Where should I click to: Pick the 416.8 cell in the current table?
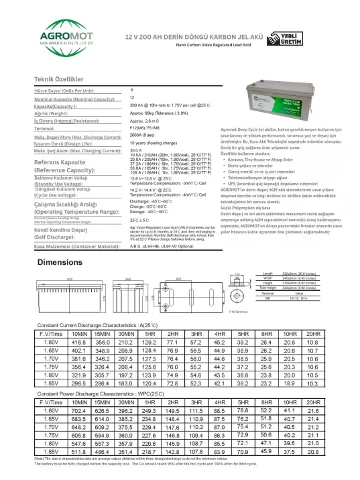(79, 342)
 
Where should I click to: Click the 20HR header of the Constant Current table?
(312, 333)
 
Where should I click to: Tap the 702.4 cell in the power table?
(79, 410)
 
